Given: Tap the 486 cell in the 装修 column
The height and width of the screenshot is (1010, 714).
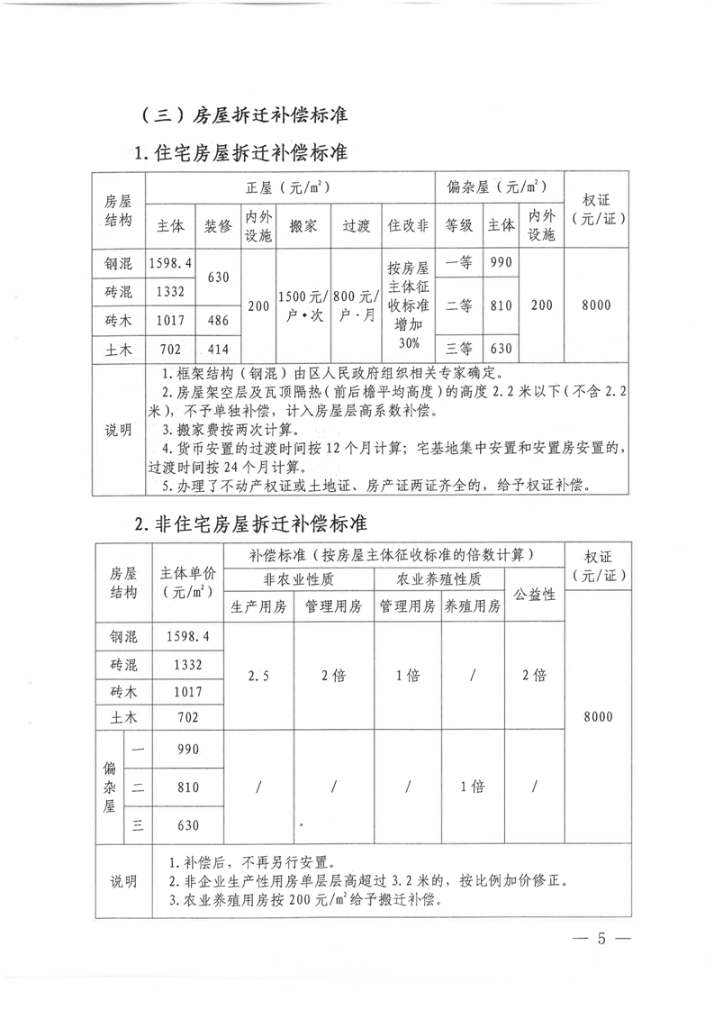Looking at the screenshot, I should (x=218, y=320).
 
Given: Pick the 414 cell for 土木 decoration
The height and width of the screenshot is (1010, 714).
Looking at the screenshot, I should (x=218, y=348).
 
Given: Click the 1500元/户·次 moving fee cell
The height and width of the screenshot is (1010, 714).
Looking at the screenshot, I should (x=303, y=305).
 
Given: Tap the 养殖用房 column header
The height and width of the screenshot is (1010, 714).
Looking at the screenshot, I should (x=472, y=605).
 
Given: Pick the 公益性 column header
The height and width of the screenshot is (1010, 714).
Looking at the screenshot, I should (x=534, y=594).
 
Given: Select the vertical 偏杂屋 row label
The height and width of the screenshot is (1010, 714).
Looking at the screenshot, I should (x=111, y=786).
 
